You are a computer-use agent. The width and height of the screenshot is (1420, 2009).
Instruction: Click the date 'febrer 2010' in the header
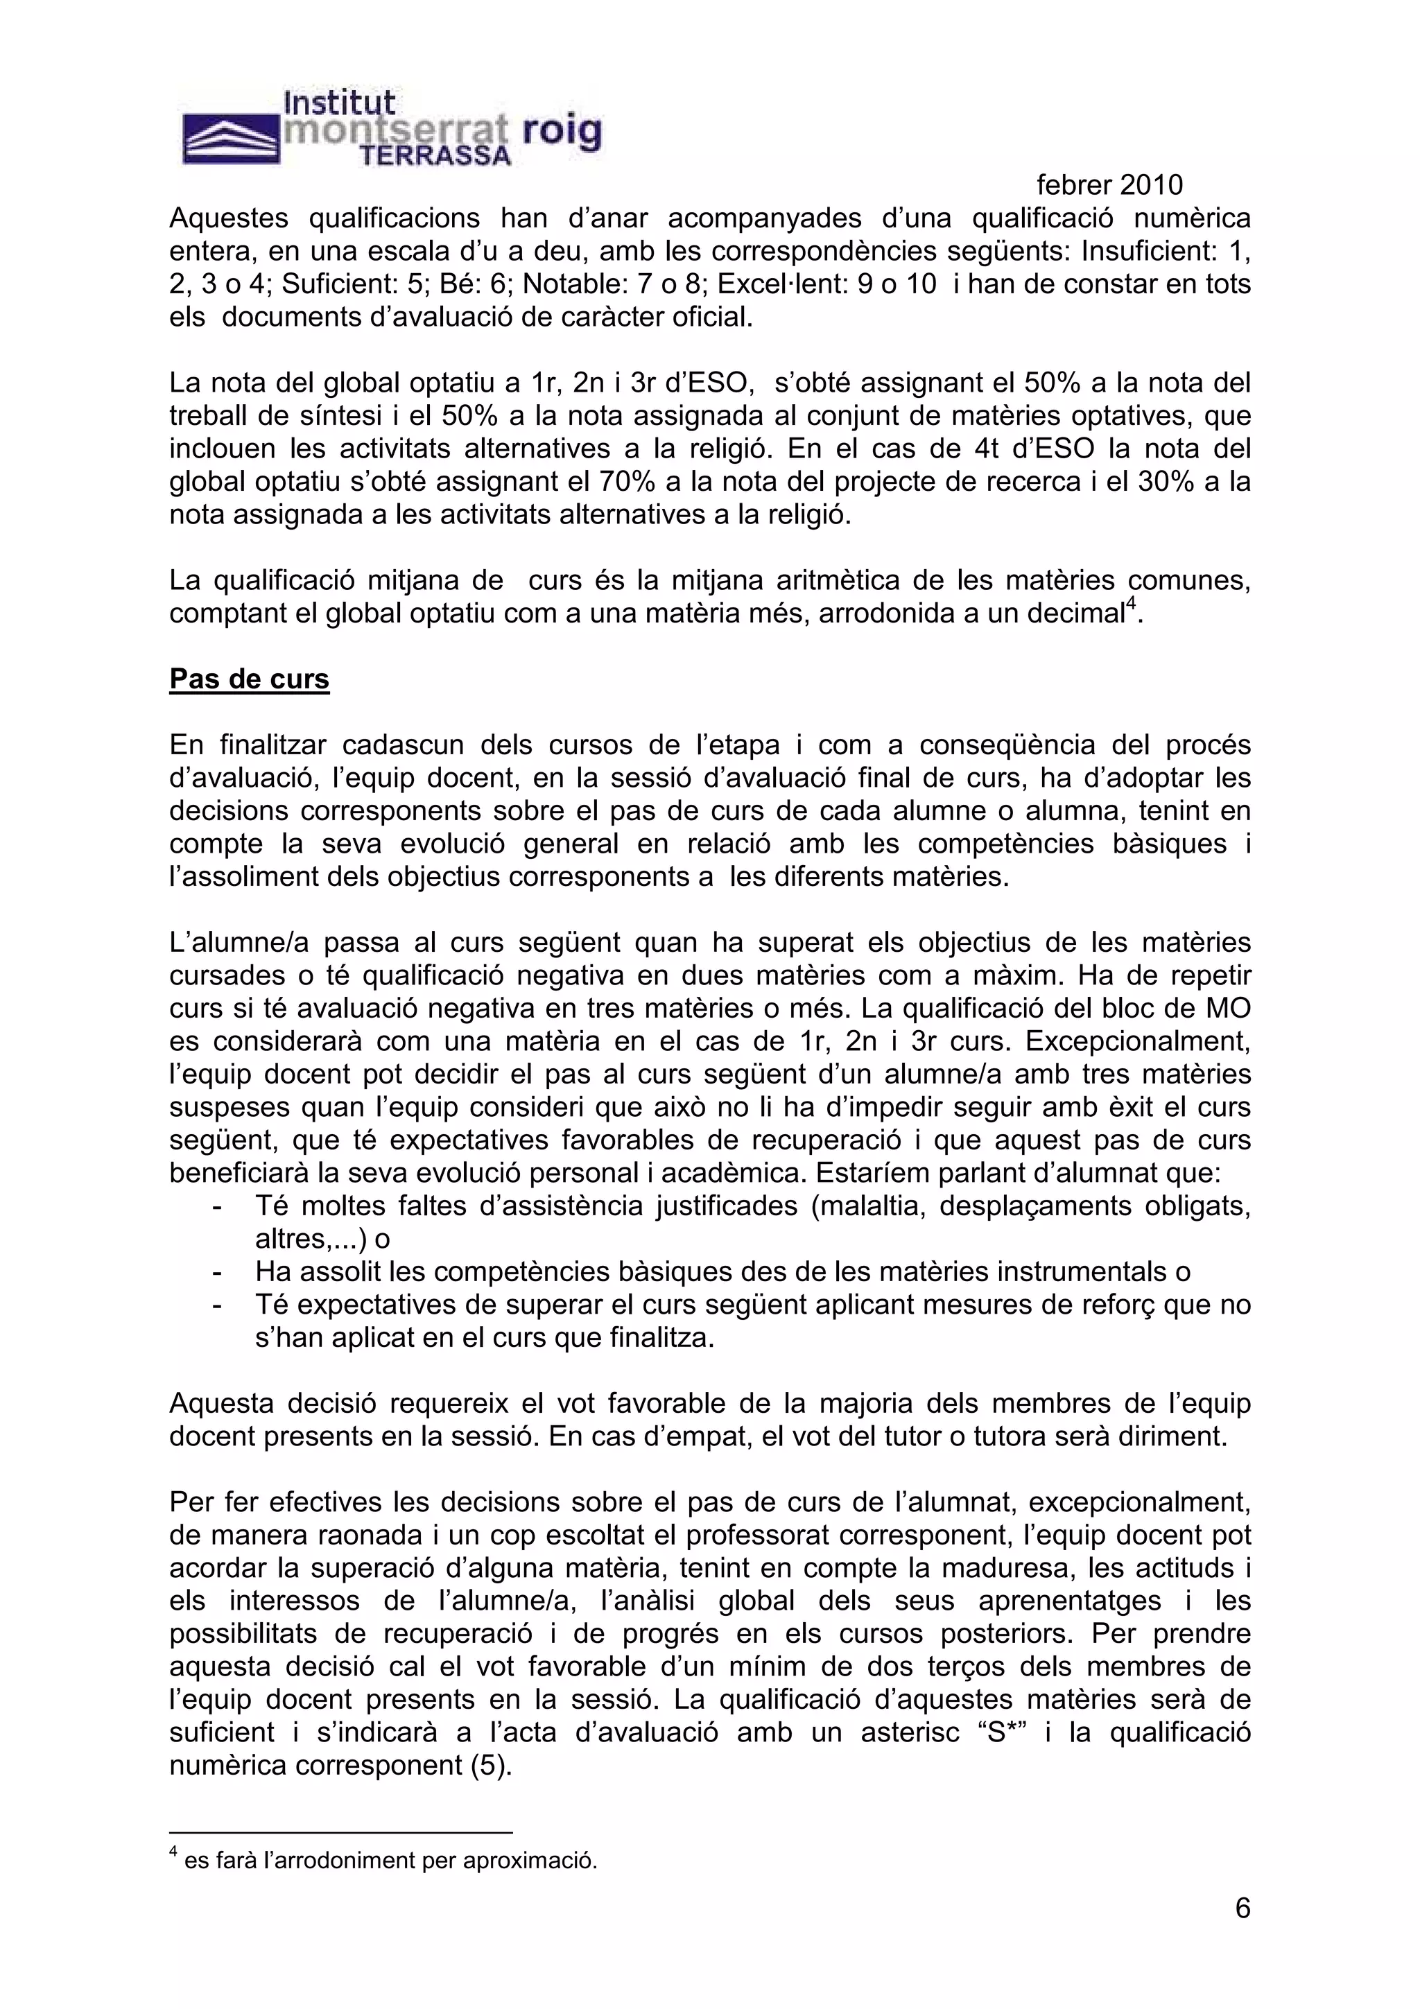pyautogui.click(x=1109, y=184)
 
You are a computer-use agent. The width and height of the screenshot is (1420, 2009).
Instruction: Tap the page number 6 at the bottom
pyautogui.click(x=1242, y=1908)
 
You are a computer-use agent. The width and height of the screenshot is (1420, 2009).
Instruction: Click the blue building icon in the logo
pyautogui.click(x=230, y=140)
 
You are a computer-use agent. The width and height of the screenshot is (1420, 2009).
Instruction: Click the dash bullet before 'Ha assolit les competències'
pyautogui.click(x=216, y=1272)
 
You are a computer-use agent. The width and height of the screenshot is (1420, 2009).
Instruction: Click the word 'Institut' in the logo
pyautogui.click(x=340, y=103)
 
